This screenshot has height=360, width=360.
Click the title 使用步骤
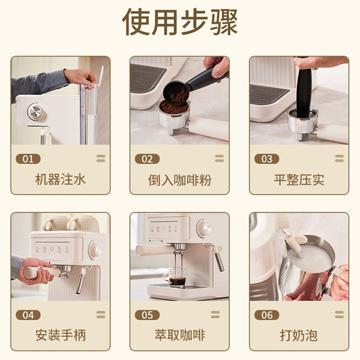(180, 22)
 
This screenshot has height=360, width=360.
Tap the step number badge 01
(28, 159)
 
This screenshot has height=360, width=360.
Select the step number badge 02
(147, 159)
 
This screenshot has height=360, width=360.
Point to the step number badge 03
(267, 159)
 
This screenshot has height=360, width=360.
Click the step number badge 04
(28, 315)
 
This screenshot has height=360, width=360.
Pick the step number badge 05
(147, 315)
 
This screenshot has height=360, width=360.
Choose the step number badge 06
(267, 315)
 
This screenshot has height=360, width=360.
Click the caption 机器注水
(61, 179)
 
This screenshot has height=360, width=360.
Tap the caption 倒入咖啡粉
(179, 180)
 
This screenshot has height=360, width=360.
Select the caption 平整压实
(299, 180)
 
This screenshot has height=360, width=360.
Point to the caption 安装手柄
(61, 335)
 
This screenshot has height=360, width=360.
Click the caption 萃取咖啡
(180, 335)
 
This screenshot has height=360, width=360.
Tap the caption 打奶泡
(299, 335)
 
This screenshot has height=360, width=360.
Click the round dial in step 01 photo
(35, 112)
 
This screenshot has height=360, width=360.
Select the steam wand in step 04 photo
(81, 281)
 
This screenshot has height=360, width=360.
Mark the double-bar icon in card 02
(220, 158)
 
